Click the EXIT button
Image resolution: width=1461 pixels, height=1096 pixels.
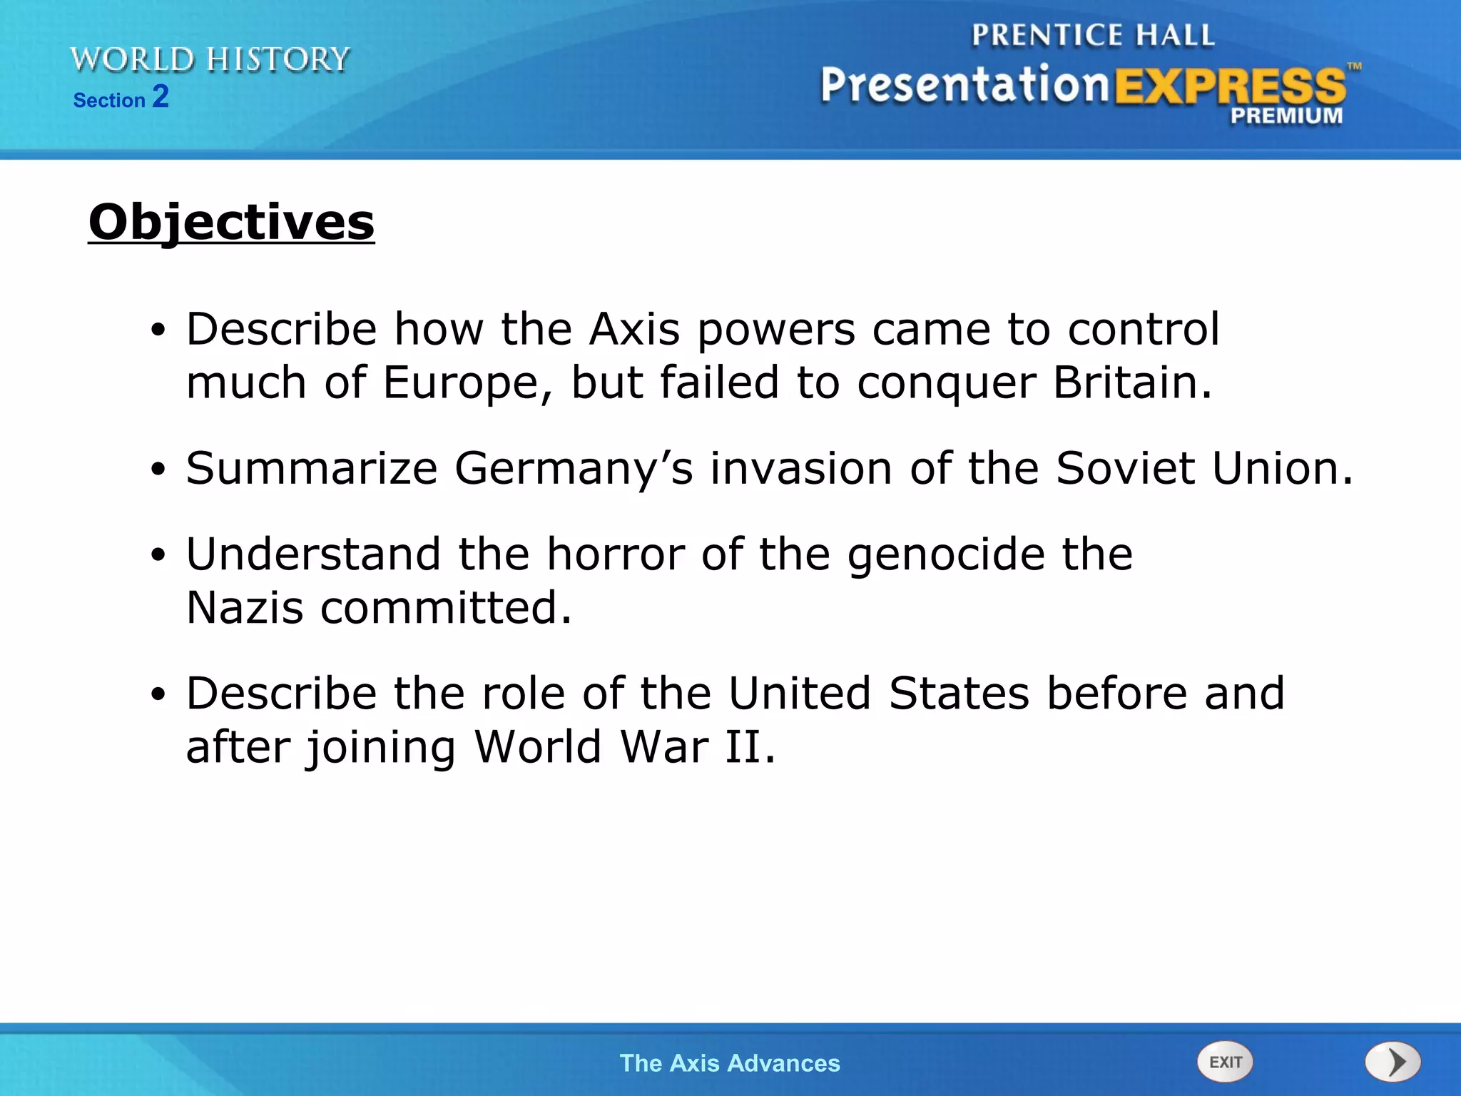pos(1225,1062)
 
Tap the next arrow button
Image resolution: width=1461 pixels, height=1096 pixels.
pos(1393,1062)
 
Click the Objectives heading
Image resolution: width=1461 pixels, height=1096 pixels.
pos(231,222)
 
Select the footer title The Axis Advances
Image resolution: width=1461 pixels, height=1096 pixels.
pos(730,1063)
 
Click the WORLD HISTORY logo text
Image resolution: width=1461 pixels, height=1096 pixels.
pos(210,59)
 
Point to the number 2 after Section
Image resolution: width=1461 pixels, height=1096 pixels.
pos(161,96)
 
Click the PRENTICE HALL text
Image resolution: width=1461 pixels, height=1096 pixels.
pos(1093,36)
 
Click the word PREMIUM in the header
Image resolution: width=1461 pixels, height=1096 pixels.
pos(1286,116)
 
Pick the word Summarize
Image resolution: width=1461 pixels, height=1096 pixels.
pos(312,469)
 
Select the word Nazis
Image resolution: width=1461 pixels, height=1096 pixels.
pos(245,608)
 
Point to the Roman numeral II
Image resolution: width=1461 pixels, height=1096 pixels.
pos(742,747)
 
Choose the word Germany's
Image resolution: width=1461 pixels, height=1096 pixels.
pos(574,469)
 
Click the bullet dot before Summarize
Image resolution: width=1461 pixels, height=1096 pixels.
pos(158,470)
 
